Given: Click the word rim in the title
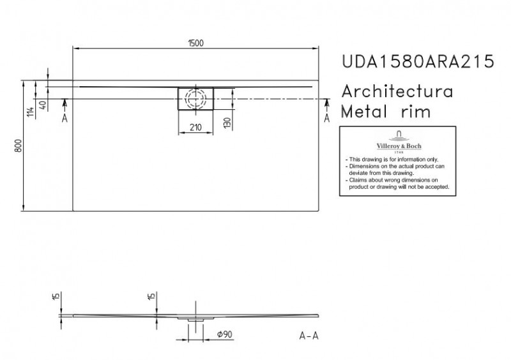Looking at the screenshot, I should (x=415, y=112).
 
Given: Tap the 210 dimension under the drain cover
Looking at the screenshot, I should (x=195, y=127).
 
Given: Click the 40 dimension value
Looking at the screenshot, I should (x=42, y=106).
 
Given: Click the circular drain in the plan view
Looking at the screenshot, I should (x=195, y=99).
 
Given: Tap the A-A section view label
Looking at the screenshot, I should (x=309, y=334).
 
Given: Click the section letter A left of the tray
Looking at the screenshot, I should (x=65, y=118).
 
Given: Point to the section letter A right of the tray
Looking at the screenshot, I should (x=328, y=118).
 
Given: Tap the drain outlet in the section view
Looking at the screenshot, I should (x=195, y=317).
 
